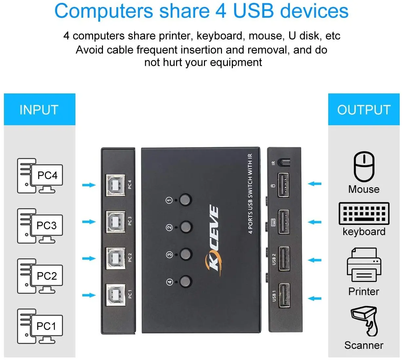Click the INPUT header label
pos(39,110)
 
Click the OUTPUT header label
pos(364,110)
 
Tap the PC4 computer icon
pos(40,176)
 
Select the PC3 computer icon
pos(40,226)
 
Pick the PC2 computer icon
pos(40,276)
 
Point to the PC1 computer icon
pos(40,326)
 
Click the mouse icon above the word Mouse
pos(364,167)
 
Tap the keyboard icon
pos(364,213)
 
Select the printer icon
pos(364,265)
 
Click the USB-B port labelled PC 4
pos(115,185)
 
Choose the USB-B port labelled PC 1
pos(115,295)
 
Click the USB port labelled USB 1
pos(284,295)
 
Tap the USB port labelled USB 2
pos(284,259)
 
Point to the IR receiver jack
pos(284,162)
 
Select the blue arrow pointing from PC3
pos(89,222)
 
